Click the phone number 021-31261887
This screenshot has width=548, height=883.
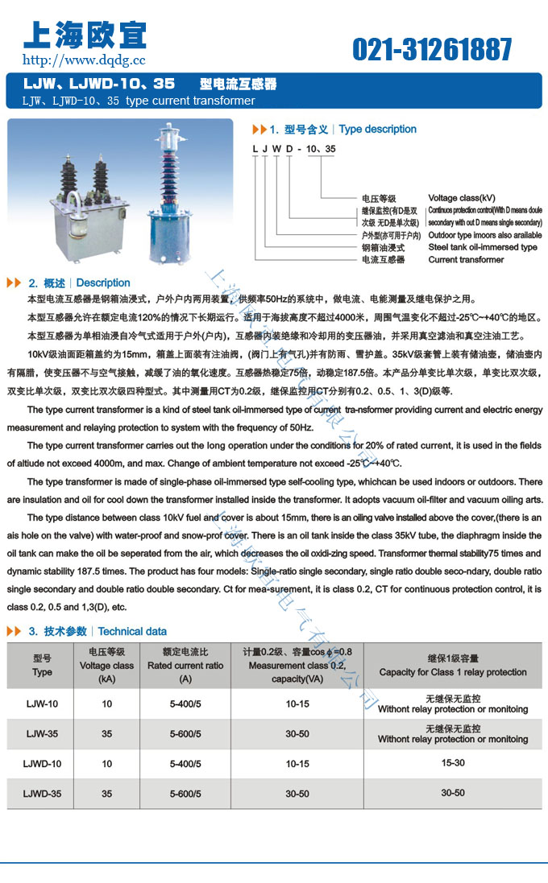point(432,50)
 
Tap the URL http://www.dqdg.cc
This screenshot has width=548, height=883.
point(84,60)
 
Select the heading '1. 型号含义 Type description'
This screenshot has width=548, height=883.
point(335,129)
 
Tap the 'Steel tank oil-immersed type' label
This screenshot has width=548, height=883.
point(482,247)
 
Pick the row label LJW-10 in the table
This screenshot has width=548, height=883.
point(42,704)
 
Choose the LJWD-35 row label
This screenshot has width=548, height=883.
point(43,794)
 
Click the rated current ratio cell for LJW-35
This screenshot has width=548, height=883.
point(185,734)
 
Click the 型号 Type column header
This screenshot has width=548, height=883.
point(42,666)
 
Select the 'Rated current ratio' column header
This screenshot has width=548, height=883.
point(185,666)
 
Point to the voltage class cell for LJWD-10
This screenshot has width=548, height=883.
point(107,764)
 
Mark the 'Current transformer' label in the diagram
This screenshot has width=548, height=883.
point(466,259)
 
